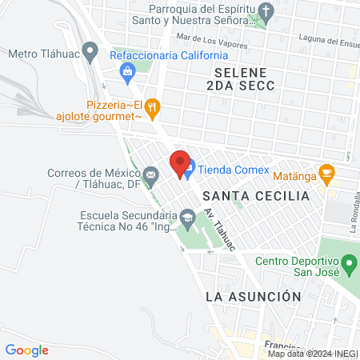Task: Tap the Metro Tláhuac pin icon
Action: (90, 54)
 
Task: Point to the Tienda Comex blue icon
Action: (189, 169)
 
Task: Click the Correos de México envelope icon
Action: (150, 174)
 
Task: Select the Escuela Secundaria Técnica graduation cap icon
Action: (186, 216)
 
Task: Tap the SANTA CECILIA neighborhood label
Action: (255, 196)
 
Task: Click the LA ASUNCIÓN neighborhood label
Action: (253, 296)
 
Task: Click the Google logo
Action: (27, 350)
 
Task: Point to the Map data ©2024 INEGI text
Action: (311, 354)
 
